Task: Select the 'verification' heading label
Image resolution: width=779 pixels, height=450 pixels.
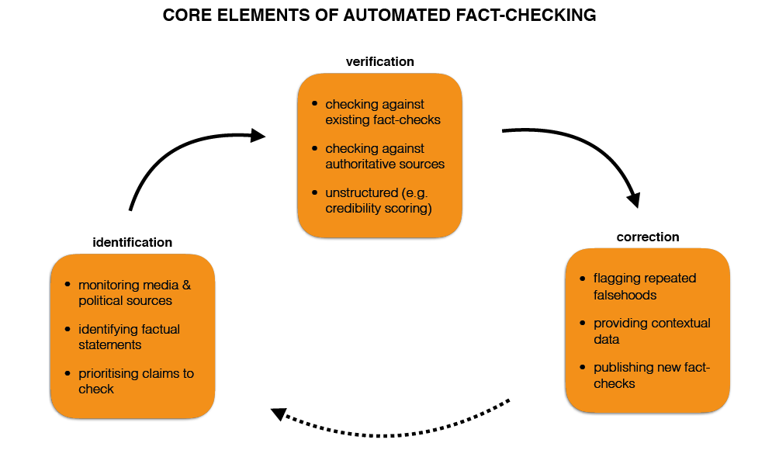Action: (379, 61)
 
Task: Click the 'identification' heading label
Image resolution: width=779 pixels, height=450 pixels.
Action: (132, 242)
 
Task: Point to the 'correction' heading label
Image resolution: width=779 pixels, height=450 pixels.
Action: (647, 237)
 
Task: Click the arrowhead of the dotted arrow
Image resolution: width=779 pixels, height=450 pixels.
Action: (278, 414)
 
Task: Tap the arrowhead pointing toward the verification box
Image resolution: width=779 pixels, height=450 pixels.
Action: (258, 136)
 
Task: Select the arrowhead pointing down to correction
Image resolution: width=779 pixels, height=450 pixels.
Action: (634, 199)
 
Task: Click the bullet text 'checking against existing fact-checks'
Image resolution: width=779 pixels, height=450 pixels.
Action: (383, 112)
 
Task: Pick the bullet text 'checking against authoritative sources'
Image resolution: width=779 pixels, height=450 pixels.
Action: (385, 156)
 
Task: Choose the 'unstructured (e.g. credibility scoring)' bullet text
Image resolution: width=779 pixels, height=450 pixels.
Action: (378, 200)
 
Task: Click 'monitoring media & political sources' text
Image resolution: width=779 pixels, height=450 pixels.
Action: (133, 292)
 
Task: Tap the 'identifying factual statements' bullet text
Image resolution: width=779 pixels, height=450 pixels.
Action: (129, 337)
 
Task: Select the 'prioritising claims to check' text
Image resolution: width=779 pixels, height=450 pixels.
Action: (135, 381)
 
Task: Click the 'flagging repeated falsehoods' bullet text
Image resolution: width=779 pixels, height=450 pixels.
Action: (644, 286)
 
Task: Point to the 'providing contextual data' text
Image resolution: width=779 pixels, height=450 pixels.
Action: (651, 331)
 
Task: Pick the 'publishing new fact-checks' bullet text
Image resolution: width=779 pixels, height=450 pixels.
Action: (651, 376)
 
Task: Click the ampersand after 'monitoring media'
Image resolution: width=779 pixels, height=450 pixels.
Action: (186, 285)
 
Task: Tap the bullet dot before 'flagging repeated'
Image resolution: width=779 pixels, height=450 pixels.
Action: (583, 278)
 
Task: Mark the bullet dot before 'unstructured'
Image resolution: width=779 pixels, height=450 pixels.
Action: (314, 192)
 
